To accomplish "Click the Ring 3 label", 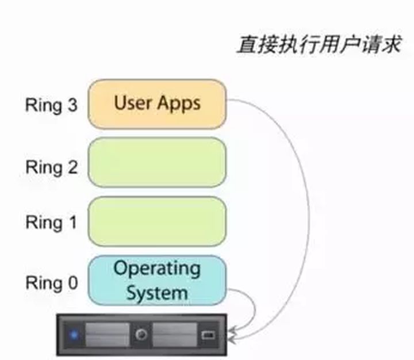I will point(51,106).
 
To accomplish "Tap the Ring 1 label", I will point(51,222).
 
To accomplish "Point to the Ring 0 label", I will point(51,283).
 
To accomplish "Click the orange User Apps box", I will point(156,104).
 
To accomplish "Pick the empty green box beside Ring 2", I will point(156,163).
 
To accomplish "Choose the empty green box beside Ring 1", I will point(156,221).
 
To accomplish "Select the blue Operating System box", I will point(156,281).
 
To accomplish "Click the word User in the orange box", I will point(133,104).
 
